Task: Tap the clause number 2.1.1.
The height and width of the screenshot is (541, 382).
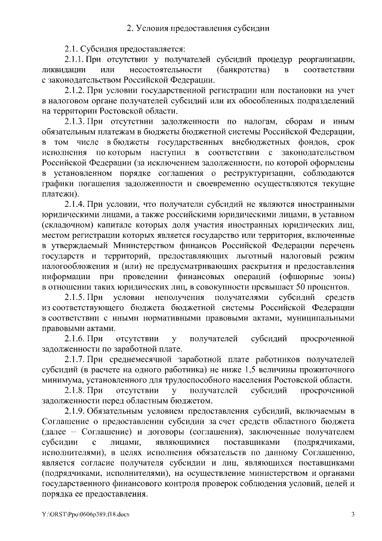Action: (x=75, y=60)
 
